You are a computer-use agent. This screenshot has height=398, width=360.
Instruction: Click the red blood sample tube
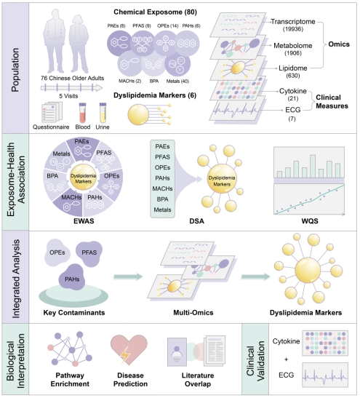pyautogui.click(x=83, y=113)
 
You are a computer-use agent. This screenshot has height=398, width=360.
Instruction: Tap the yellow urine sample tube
pyautogui.click(x=103, y=113)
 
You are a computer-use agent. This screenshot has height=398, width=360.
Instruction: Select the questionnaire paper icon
pyautogui.click(x=52, y=112)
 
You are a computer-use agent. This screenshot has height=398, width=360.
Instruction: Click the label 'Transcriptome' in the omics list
pyautogui.click(x=293, y=22)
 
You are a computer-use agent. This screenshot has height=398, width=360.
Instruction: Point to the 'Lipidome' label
pyautogui.click(x=293, y=68)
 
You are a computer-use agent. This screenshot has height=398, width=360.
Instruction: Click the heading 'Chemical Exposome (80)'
pyautogui.click(x=155, y=12)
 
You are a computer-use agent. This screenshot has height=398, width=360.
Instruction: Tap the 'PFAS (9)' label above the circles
pyautogui.click(x=142, y=26)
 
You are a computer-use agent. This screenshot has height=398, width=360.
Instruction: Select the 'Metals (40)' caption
pyautogui.click(x=177, y=81)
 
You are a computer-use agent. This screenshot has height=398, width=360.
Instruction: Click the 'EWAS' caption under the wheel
pyautogui.click(x=84, y=221)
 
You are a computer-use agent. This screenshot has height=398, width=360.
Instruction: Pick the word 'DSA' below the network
pyautogui.click(x=197, y=221)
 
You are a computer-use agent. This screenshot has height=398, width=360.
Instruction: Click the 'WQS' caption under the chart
pyautogui.click(x=310, y=221)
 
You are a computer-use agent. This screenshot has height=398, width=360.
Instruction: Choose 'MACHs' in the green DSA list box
pyautogui.click(x=162, y=188)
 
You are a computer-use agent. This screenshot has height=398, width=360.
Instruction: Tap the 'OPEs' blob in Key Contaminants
pyautogui.click(x=57, y=252)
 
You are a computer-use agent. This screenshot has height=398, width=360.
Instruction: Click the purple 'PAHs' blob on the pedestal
pyautogui.click(x=72, y=278)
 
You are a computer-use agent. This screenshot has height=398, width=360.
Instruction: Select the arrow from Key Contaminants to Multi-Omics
pyautogui.click(x=128, y=276)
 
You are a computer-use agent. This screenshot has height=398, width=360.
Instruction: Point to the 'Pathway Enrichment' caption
pyautogui.click(x=70, y=380)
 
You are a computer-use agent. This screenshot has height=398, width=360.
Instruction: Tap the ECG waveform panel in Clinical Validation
pyautogui.click(x=325, y=375)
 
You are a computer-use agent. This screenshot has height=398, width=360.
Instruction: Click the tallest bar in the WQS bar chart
pyautogui.click(x=313, y=166)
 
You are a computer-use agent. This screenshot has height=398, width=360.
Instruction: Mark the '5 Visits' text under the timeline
pyautogui.click(x=68, y=96)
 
